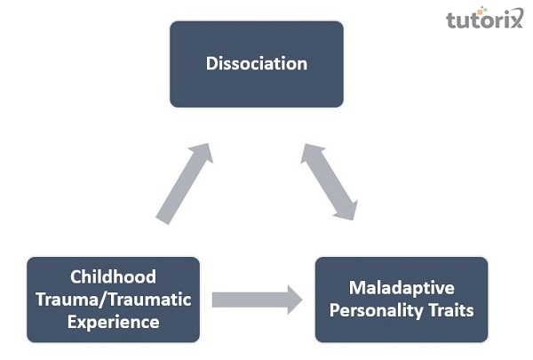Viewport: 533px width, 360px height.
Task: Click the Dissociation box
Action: coord(256,64)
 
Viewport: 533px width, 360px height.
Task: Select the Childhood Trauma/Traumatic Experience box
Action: coord(113,300)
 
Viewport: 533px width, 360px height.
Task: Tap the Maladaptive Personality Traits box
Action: coord(402,300)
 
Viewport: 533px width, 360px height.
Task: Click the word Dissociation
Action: coord(256,64)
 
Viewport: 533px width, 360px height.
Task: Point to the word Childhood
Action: coord(113,276)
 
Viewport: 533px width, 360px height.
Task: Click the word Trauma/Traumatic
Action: coord(113,300)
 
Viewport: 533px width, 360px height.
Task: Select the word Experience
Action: coord(113,322)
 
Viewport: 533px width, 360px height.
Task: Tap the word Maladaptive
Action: coord(402,288)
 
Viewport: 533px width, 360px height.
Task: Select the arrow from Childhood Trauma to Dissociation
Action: coord(184,184)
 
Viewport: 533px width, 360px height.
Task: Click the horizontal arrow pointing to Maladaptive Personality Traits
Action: coord(256,300)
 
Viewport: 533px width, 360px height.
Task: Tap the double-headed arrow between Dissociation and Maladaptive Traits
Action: coord(329,181)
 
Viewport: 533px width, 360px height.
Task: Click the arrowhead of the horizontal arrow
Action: coord(290,300)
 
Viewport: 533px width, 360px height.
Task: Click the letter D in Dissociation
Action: coord(211,64)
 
